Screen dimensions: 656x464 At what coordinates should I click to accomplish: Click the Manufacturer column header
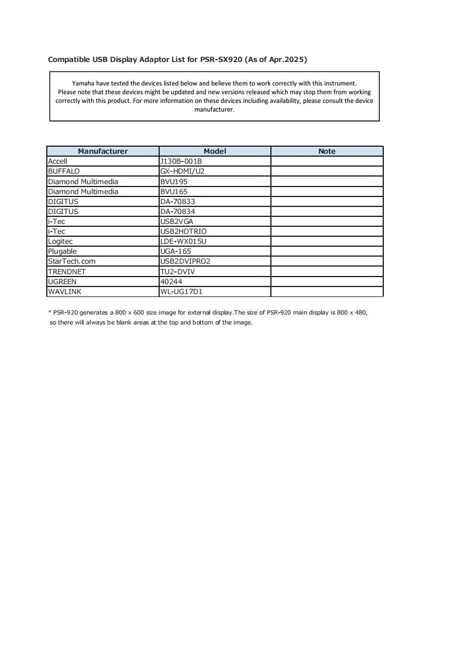102,151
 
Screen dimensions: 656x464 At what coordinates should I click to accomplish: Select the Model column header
215,151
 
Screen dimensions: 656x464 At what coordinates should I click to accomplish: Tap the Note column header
326,151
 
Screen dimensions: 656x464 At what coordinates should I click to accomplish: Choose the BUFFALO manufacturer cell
63,171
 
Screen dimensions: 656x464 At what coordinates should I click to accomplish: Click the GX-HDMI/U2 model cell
182,171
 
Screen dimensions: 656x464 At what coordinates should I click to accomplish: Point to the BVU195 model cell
174,181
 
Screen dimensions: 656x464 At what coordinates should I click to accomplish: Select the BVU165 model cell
174,191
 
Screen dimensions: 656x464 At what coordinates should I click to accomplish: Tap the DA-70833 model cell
177,201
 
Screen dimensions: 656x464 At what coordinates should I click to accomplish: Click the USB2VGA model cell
176,221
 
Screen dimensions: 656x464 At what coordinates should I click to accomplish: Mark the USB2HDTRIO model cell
183,231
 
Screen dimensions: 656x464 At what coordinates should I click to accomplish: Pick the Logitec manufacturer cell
60,241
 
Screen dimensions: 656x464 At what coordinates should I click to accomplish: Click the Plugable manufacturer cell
62,251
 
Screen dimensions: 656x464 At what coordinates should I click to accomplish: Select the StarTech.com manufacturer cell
71,261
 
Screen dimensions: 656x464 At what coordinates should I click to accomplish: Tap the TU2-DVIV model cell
178,271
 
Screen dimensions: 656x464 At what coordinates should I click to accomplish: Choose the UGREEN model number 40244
171,281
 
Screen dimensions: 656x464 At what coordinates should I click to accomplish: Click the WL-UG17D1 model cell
181,291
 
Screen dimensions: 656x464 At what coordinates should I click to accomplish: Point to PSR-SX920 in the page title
221,60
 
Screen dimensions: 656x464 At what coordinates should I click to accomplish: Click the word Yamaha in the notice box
83,84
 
